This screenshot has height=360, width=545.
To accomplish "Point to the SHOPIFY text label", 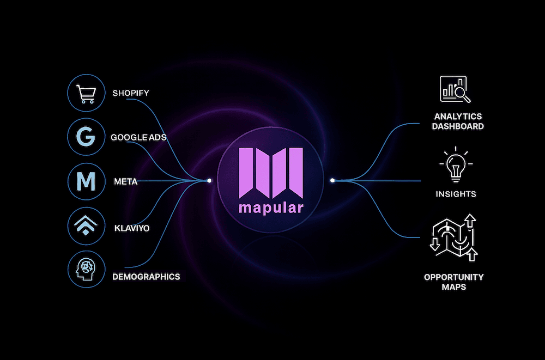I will click(x=131, y=93).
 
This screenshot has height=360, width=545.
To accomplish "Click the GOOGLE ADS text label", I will click(x=138, y=137).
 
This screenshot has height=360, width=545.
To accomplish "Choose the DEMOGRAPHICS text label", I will click(x=146, y=277).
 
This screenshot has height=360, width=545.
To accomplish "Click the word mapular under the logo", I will click(x=271, y=209).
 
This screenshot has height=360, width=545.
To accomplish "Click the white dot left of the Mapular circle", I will click(x=209, y=180).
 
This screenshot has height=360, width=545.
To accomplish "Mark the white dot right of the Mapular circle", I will click(x=332, y=180).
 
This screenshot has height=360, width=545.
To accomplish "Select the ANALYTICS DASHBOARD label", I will click(x=458, y=121).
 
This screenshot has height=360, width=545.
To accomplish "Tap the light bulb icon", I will click(x=455, y=163).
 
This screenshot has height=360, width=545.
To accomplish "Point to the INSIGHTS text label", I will click(x=456, y=194).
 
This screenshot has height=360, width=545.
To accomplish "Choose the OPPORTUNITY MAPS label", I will click(x=454, y=282).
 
